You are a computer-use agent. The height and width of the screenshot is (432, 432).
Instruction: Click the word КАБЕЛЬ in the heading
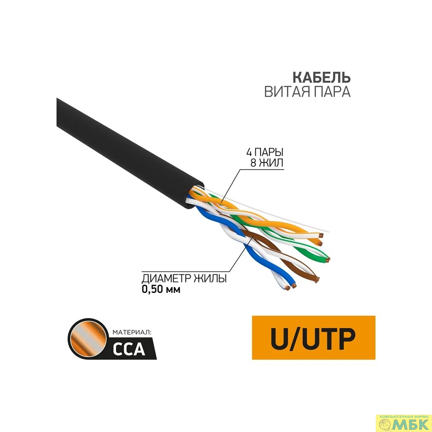tap(321, 78)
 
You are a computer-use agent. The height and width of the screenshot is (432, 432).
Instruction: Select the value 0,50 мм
tap(161, 289)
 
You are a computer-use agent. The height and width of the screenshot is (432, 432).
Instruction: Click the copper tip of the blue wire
tap(294, 286)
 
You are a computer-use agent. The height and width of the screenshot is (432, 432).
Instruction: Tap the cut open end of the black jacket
tap(192, 196)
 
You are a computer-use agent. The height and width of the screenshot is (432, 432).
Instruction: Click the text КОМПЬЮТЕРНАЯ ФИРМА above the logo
tap(404, 404)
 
